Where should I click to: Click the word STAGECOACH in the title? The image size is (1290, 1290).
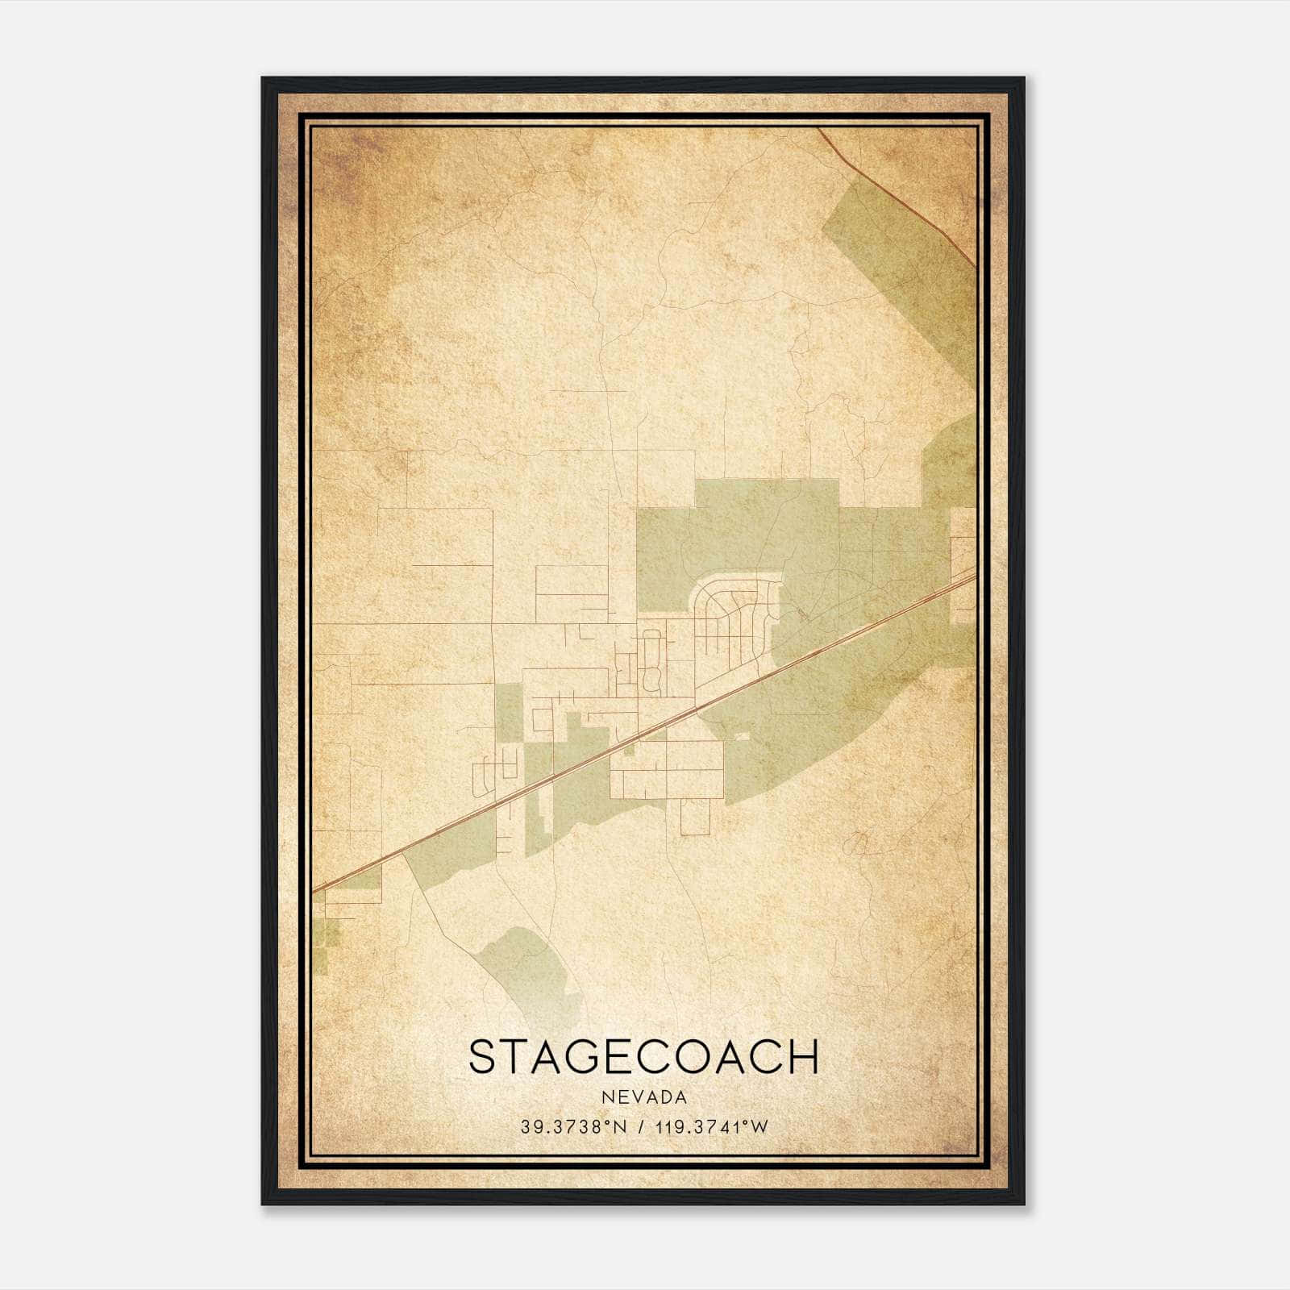point(643,1057)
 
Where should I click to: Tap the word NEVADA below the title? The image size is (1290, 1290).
point(643,1097)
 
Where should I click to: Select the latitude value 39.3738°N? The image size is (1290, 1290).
point(573,1127)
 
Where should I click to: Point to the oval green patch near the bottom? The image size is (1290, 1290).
point(528,967)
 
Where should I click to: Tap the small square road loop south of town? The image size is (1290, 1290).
point(693,817)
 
